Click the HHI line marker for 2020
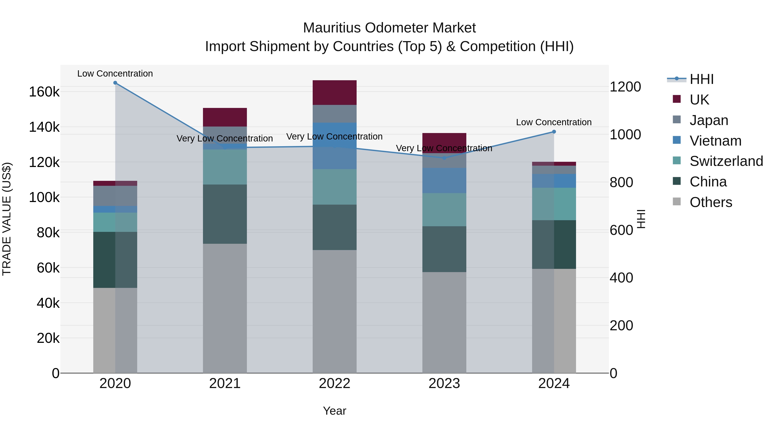115,83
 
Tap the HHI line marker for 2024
554,132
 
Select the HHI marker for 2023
444,158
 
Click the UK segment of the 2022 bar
335,93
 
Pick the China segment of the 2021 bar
225,214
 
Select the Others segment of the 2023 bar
444,322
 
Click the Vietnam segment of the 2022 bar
335,146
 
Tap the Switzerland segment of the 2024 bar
554,204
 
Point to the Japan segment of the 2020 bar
115,196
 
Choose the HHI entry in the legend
701,79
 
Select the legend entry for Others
710,202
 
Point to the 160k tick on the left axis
44,92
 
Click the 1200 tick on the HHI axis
625,87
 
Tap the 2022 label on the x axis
335,383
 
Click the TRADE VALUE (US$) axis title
7,219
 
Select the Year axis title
335,411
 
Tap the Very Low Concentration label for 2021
225,138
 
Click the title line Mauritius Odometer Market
389,28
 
